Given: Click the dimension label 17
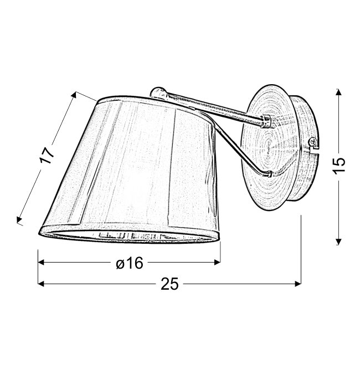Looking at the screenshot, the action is [x=47, y=156].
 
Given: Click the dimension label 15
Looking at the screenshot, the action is [x=339, y=166].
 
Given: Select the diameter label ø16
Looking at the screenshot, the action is [x=130, y=263].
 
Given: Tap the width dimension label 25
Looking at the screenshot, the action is [x=169, y=284].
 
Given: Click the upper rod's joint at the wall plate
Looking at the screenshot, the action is [x=265, y=121].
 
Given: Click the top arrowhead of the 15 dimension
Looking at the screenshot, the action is [x=338, y=91].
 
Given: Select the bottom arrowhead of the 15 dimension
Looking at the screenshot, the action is [x=338, y=242].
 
